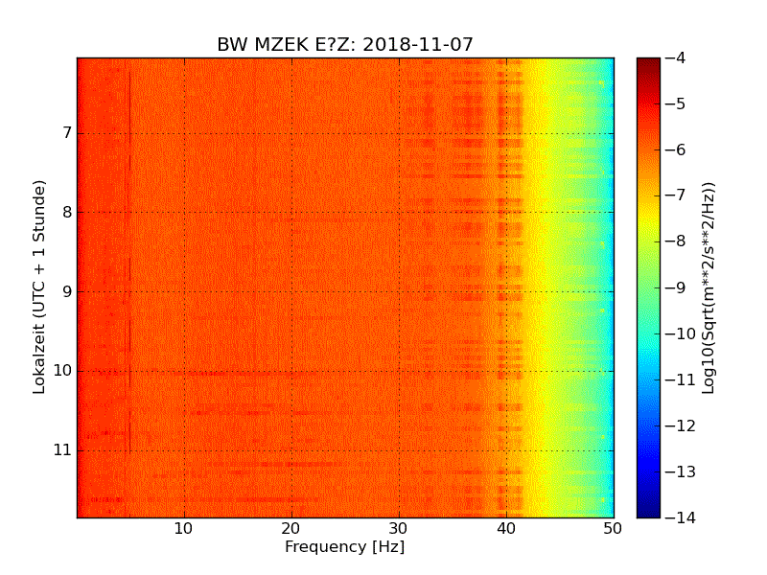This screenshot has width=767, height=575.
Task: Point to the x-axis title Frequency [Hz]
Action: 345,547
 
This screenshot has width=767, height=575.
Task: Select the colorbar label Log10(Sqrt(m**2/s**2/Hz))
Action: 709,287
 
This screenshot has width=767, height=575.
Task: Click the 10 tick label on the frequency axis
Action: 184,528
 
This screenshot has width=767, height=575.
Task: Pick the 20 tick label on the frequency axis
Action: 291,528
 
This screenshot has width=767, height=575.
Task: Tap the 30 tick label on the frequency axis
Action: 399,528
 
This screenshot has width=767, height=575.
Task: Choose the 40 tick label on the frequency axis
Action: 506,528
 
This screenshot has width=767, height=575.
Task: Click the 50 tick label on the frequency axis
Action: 614,528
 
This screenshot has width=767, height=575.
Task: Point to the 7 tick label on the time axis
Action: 65,133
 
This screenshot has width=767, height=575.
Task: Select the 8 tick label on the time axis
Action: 65,213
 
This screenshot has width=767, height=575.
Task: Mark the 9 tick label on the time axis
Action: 65,291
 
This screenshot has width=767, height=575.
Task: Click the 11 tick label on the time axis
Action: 61,449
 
